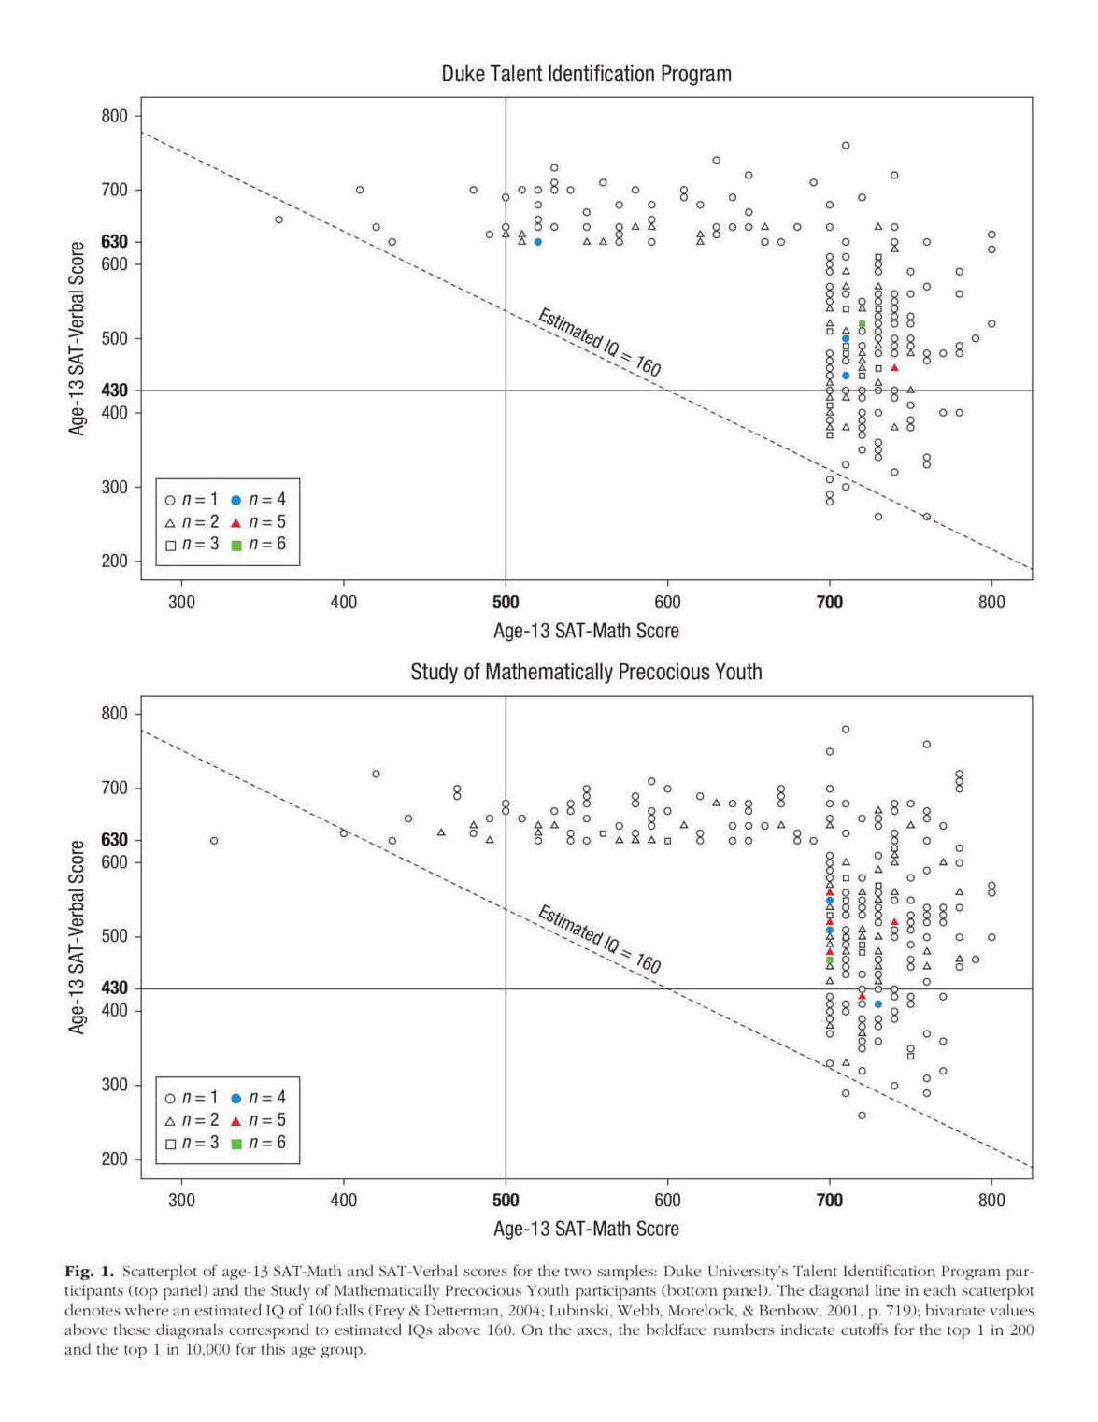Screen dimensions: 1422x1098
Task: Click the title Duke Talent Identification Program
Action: (x=586, y=74)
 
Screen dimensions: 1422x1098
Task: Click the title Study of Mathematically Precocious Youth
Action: (x=586, y=672)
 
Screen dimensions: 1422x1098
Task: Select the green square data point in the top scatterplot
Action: (x=862, y=324)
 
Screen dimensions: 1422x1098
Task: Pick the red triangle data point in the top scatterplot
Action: (x=894, y=368)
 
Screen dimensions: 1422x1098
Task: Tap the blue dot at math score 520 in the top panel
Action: (x=538, y=242)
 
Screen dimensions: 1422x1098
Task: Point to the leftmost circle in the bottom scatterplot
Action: (x=214, y=841)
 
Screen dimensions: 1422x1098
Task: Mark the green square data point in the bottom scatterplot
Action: (x=830, y=960)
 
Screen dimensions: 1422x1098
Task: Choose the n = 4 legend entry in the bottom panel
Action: (x=258, y=1098)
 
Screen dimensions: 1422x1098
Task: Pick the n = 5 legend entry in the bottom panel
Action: (x=258, y=1120)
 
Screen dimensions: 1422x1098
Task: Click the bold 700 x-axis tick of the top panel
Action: (x=830, y=603)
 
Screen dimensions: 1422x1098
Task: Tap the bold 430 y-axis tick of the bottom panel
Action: (x=114, y=988)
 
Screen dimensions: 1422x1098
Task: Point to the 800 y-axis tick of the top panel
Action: (x=114, y=117)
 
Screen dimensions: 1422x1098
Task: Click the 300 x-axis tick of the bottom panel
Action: (x=181, y=1201)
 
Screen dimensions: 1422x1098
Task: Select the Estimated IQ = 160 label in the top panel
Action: (x=599, y=343)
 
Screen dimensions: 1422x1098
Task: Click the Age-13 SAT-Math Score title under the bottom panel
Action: (x=586, y=1229)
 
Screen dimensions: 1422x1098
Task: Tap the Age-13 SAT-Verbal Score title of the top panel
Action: (x=77, y=338)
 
